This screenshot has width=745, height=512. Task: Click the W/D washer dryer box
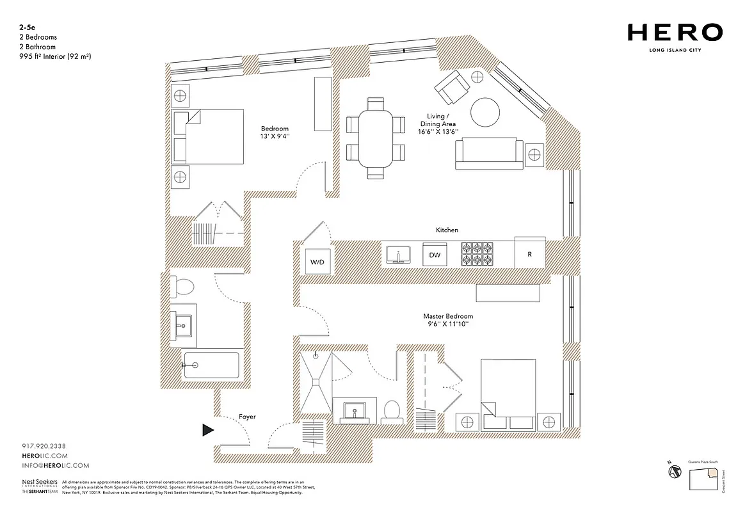[318, 262]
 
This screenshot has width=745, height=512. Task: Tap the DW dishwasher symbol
[435, 255]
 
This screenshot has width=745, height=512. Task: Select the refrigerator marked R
[530, 254]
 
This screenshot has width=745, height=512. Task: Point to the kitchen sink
[400, 255]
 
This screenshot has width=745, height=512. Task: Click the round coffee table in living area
[485, 113]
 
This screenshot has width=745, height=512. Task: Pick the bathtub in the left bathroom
[211, 365]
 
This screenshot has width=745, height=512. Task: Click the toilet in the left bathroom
[182, 287]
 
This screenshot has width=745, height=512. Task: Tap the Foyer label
[247, 417]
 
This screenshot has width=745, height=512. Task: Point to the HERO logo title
[675, 32]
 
